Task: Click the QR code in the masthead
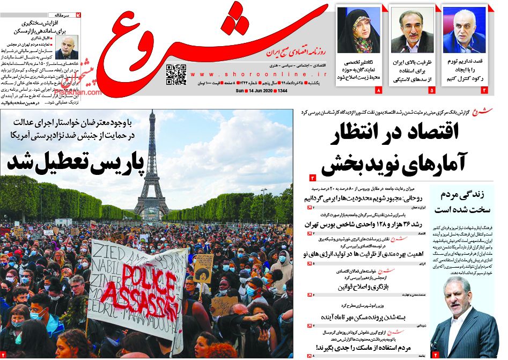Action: click(176, 75)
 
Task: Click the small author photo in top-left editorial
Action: click(67, 47)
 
